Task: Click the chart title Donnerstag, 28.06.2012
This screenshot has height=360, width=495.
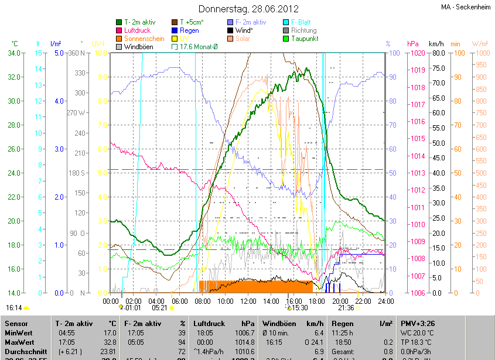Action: [x=248, y=9]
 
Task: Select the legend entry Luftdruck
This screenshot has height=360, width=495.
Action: [x=138, y=30]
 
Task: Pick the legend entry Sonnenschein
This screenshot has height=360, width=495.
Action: [x=144, y=39]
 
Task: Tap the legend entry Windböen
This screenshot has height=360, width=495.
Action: [x=139, y=46]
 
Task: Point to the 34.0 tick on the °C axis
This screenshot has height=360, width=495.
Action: [x=13, y=53]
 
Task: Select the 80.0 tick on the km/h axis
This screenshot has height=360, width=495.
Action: [x=436, y=53]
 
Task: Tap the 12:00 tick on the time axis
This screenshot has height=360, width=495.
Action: [x=248, y=301]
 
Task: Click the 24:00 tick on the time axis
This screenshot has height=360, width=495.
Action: [x=384, y=301]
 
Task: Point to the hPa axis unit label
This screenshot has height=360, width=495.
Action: [x=413, y=44]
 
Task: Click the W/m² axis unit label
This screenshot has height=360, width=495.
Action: [x=479, y=44]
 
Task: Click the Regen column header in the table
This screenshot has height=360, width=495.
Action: [x=343, y=323]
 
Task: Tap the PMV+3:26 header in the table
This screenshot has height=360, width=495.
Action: [x=418, y=323]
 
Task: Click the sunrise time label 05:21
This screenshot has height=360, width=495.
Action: [x=159, y=307]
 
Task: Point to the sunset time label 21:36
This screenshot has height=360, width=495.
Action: [x=346, y=307]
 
